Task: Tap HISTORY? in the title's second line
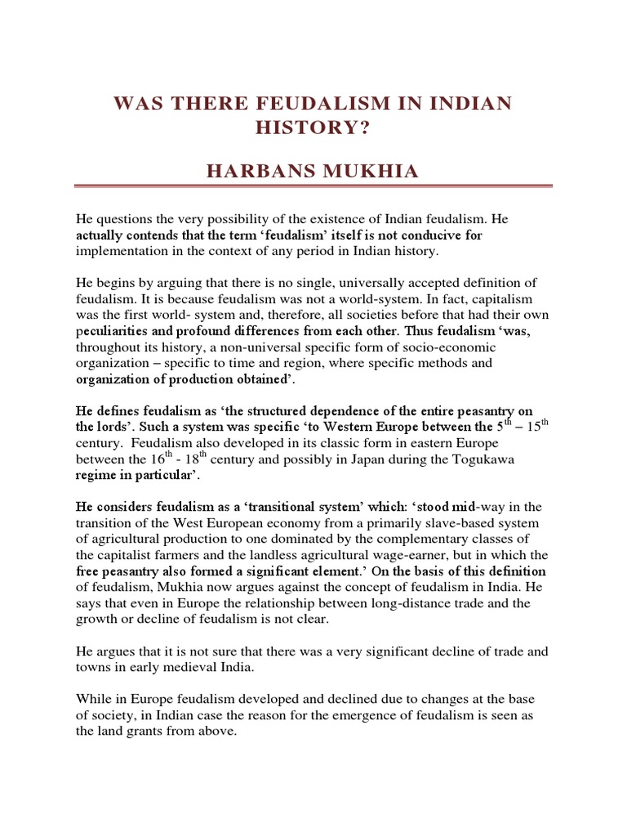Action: pos(313,132)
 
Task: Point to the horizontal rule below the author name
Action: pos(313,196)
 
